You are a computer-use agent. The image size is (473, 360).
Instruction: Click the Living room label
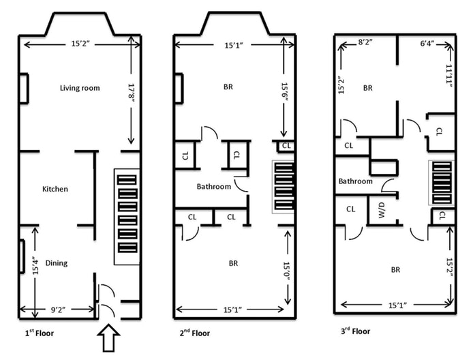80,87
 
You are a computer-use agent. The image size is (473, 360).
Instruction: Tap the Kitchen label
55,189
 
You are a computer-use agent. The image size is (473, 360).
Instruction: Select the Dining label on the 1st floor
57,262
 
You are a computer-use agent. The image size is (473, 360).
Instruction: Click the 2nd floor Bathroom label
214,187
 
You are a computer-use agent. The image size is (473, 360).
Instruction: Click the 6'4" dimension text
428,42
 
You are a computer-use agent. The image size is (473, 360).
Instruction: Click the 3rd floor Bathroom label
356,181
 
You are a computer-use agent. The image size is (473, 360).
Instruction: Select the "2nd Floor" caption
195,333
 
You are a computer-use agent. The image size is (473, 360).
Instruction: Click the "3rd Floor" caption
354,332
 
